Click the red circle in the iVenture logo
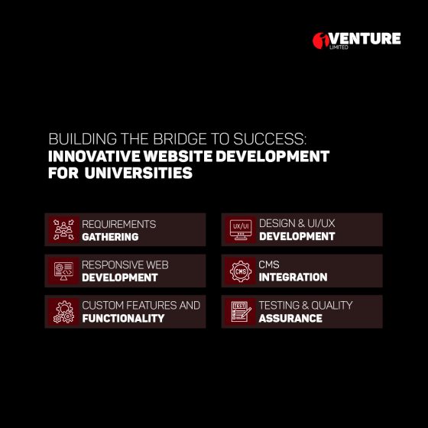coord(320,41)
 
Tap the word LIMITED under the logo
coord(339,47)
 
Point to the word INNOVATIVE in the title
coord(94,157)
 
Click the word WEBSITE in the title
coord(178,157)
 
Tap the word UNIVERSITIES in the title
coord(138,173)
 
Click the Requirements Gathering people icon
coord(63,229)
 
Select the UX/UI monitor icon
coord(241,229)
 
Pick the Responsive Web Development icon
coord(63,271)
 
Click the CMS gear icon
coord(241,271)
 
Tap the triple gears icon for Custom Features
coord(63,312)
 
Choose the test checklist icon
coord(241,312)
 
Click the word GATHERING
coord(110,237)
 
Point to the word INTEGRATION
coord(293,277)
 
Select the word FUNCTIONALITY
coord(123,318)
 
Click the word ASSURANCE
coord(290,318)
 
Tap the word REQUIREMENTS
coord(119,225)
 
